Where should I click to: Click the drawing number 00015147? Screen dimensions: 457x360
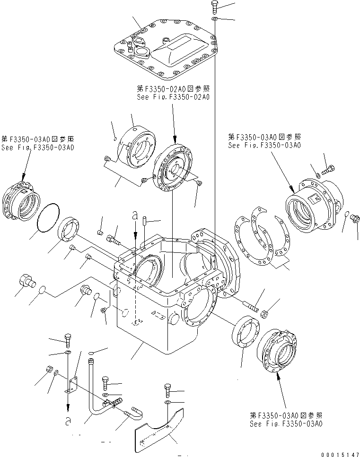[x=339, y=454]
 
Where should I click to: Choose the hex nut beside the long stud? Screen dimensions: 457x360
[x=265, y=312]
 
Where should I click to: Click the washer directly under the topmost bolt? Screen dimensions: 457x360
[x=214, y=18]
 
